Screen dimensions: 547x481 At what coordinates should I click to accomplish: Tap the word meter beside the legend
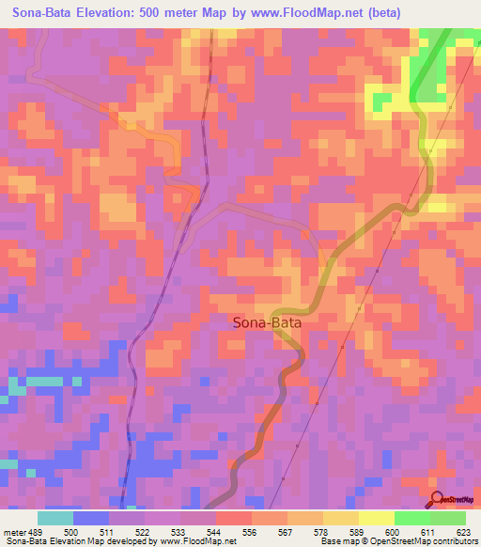pyautogui.click(x=16, y=531)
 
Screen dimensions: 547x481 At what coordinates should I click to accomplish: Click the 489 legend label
pyautogui.click(x=37, y=531)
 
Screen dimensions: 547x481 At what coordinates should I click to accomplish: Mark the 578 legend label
pyautogui.click(x=324, y=531)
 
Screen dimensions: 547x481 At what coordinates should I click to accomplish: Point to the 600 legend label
pyautogui.click(x=396, y=531)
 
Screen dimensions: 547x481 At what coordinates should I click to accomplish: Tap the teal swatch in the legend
pyautogui.click(x=55, y=518)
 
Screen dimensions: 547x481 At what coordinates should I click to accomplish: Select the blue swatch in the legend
pyautogui.click(x=91, y=518)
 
